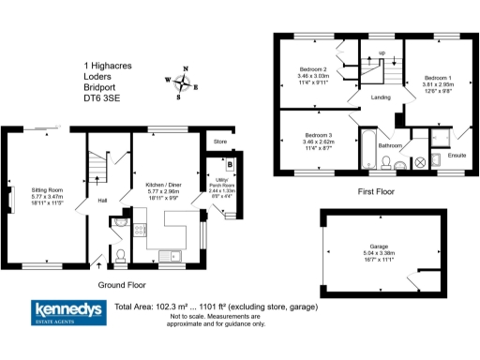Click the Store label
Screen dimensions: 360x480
pos(221,142)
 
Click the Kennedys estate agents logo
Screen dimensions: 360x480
pos(68,312)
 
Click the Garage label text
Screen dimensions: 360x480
pos(378,247)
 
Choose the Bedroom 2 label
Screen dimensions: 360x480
pos(313,70)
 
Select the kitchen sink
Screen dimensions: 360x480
pos(170,254)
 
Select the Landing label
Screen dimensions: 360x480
pos(381,97)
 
